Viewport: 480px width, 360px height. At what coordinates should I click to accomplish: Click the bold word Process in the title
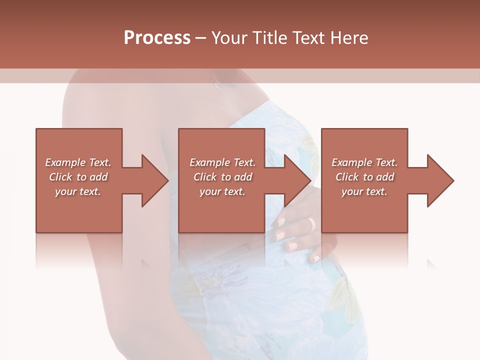click(157, 38)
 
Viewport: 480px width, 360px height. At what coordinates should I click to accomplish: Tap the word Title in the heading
click(269, 38)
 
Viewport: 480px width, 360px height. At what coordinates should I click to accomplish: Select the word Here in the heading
click(348, 38)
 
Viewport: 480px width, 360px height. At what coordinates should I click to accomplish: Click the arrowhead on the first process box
click(155, 180)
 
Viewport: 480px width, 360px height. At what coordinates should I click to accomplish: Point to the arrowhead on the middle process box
click(298, 180)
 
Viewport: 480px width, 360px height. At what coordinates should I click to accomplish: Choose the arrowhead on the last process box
click(440, 180)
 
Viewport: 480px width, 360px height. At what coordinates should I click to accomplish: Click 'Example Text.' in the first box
click(78, 162)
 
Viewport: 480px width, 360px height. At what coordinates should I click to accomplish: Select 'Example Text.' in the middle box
click(222, 162)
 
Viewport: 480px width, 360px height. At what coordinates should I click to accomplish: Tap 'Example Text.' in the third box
click(364, 162)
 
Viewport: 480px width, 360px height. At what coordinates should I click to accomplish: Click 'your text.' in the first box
click(78, 191)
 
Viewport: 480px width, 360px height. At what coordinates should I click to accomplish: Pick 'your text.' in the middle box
click(222, 191)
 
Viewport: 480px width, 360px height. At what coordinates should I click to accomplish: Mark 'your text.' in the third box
click(364, 191)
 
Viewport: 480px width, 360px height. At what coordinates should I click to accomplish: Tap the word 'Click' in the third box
click(347, 177)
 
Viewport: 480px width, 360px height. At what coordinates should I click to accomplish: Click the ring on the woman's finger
click(312, 223)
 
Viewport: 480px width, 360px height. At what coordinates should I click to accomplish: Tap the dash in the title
click(201, 38)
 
